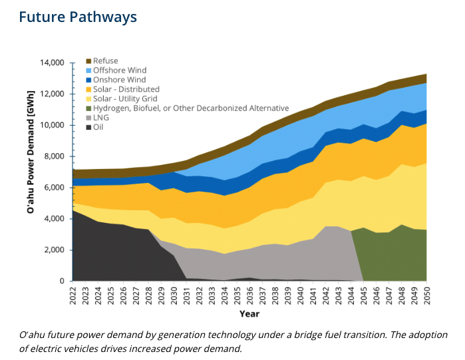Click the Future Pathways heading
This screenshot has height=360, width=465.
78,16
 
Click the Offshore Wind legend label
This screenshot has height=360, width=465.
120,71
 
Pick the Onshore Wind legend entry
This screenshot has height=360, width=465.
119,80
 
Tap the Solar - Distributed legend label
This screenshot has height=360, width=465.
126,89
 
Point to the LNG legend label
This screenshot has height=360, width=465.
100,117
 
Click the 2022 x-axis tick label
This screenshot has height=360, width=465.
73,295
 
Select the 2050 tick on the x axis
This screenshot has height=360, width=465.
426,295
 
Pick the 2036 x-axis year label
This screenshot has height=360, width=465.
249,295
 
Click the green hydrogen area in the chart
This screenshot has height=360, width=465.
392,256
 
